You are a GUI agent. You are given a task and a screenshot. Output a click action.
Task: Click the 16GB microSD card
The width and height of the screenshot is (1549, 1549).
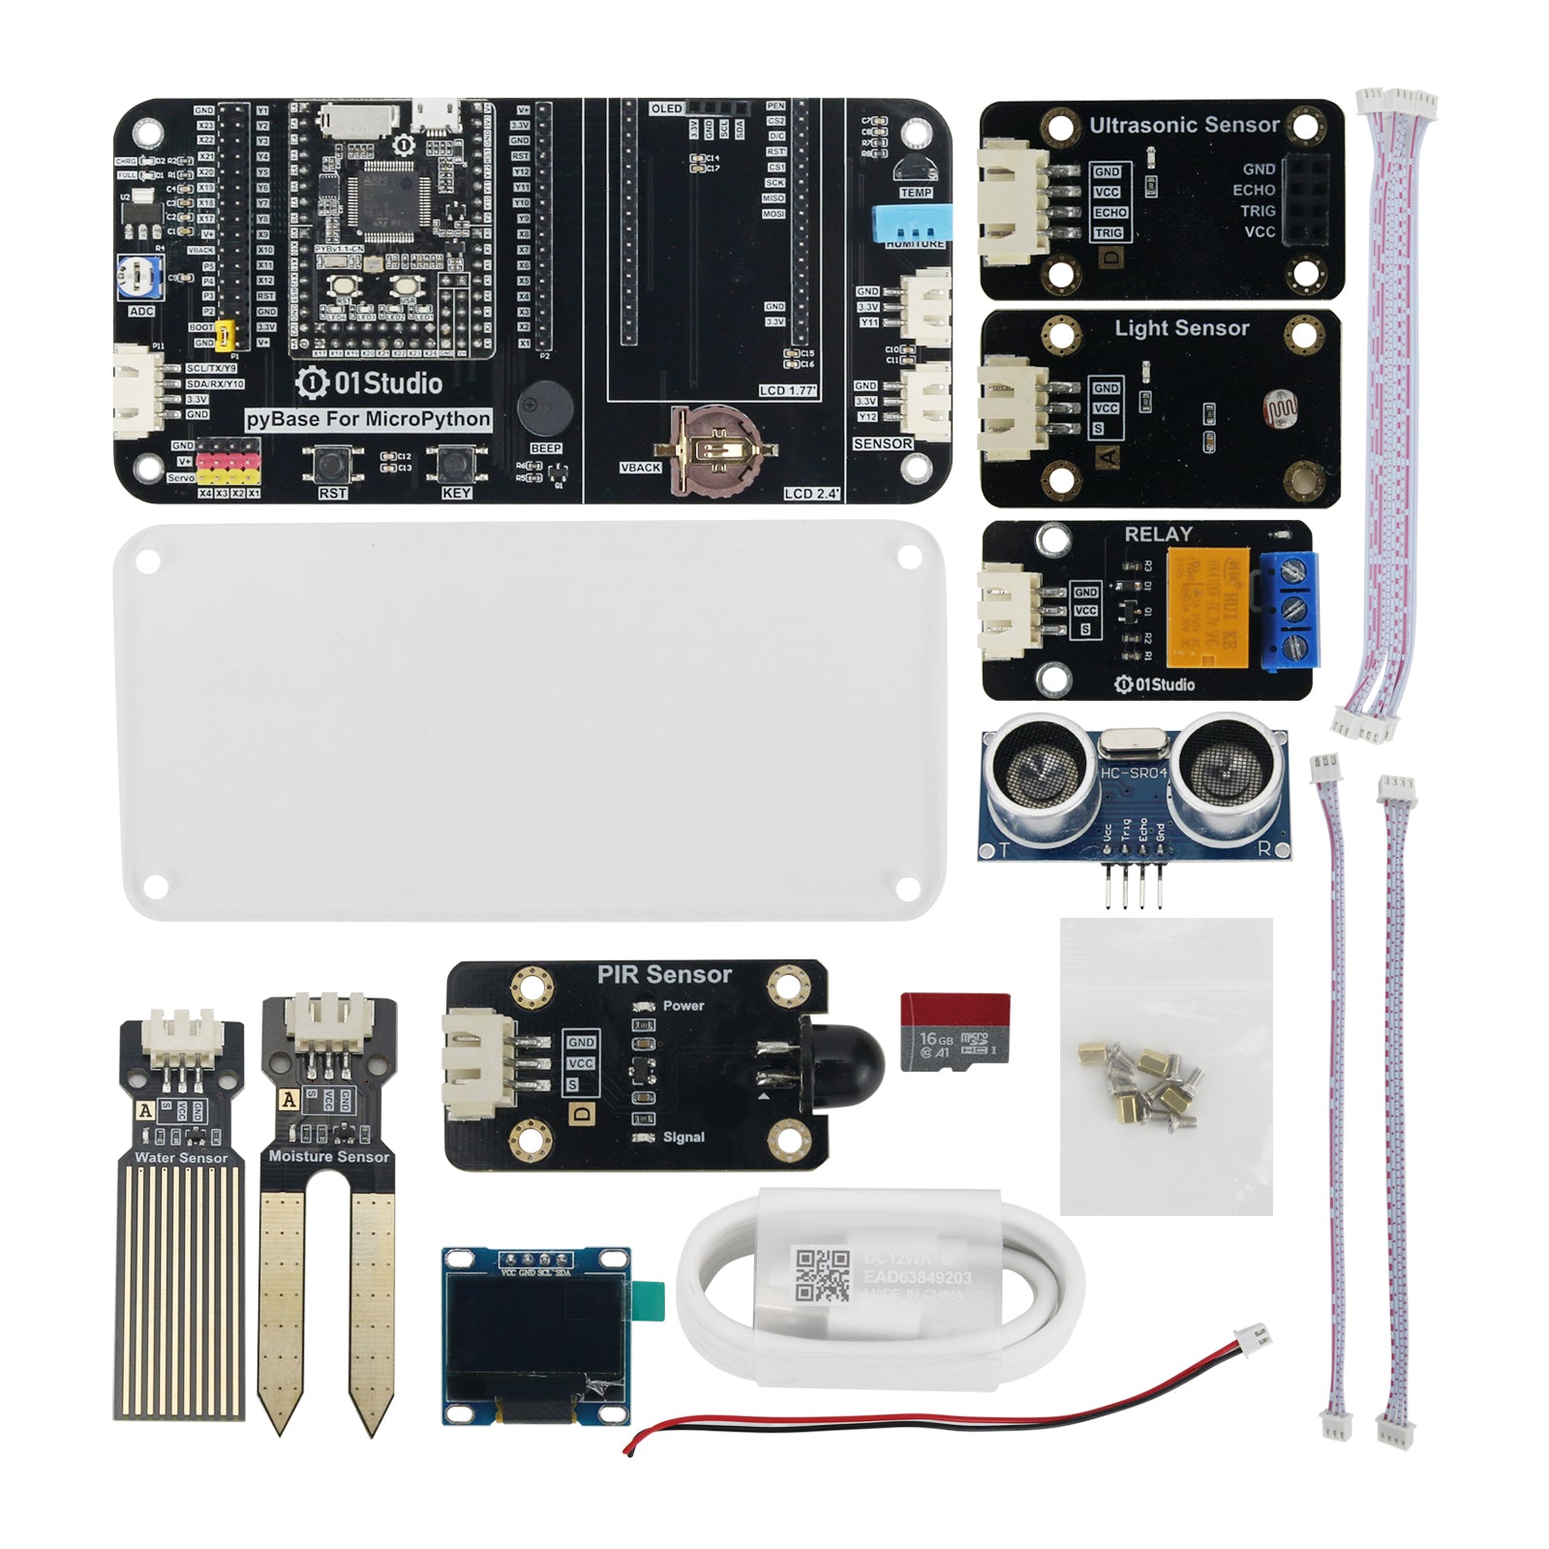point(955,1032)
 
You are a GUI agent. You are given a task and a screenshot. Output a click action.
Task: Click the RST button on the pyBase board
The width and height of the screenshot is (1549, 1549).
point(332,465)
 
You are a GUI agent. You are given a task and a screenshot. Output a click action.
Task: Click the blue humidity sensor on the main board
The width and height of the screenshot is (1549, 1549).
point(911,222)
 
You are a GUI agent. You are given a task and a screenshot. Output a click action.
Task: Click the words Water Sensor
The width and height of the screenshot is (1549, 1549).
point(181,1157)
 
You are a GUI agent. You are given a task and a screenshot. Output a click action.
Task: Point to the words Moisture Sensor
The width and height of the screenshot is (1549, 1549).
point(329,1156)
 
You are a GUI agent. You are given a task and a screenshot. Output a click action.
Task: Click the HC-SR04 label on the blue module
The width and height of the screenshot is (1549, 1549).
point(1134,773)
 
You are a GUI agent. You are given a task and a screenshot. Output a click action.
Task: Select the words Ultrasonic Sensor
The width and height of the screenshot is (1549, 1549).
point(1184,125)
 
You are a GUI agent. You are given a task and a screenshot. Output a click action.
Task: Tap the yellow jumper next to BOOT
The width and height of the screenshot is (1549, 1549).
point(227,335)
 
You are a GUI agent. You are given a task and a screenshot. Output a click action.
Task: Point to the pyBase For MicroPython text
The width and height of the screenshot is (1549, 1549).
point(368,419)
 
